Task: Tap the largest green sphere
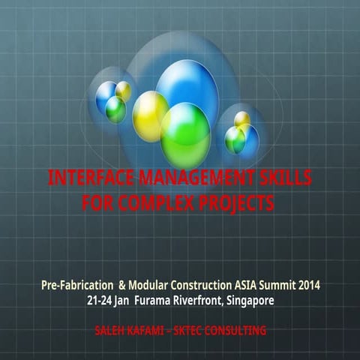pyautogui.click(x=184, y=133)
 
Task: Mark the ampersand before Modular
pyautogui.click(x=122, y=286)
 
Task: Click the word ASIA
pyautogui.click(x=261, y=286)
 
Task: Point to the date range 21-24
pyautogui.click(x=100, y=300)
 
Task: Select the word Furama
pyautogui.click(x=153, y=300)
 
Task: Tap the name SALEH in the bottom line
pyautogui.click(x=112, y=330)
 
